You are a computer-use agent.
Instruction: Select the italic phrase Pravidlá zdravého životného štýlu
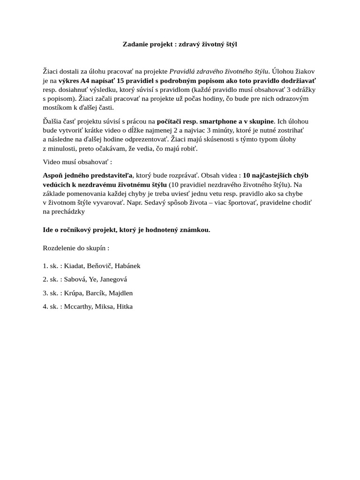(x=219, y=72)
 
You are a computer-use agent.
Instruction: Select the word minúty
(x=215, y=130)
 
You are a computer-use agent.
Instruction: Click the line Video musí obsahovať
(x=77, y=162)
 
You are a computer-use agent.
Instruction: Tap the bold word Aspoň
(x=52, y=175)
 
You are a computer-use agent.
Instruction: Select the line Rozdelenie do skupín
(x=76, y=247)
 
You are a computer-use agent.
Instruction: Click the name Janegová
(x=113, y=279)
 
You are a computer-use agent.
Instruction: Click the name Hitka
(x=124, y=307)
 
